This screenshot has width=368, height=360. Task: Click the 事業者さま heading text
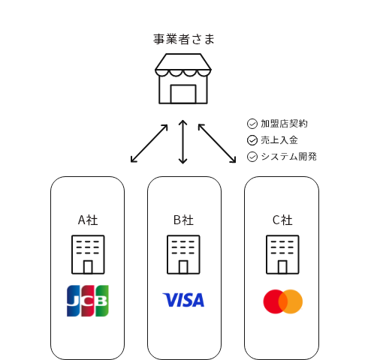[x=184, y=39]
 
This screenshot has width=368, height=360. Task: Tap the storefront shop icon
[x=183, y=79]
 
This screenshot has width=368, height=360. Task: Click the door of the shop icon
[x=183, y=94]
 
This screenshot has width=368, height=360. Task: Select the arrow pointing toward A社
[x=149, y=143]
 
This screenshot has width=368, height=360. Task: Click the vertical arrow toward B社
[x=183, y=142]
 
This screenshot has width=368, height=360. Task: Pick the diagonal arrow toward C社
[x=217, y=143]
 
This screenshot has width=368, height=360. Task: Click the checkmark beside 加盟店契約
[x=252, y=124]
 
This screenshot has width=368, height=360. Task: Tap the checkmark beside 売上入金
[x=252, y=140]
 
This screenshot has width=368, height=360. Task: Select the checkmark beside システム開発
[x=252, y=157]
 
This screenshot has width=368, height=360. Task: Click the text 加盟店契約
[x=284, y=124]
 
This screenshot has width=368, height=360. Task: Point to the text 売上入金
[x=279, y=140]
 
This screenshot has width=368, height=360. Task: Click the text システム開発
[x=289, y=157]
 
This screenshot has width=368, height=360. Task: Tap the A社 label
[x=88, y=220]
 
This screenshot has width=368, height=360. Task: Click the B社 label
[x=183, y=220]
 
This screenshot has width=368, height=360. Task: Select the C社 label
[x=282, y=220]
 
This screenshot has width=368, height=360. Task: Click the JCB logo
[x=88, y=301]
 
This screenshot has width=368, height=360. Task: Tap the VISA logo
[x=183, y=300]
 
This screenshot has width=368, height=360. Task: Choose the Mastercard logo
[x=283, y=301]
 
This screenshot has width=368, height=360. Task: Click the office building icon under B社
[x=183, y=254]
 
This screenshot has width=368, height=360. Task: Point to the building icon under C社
[x=282, y=254]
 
